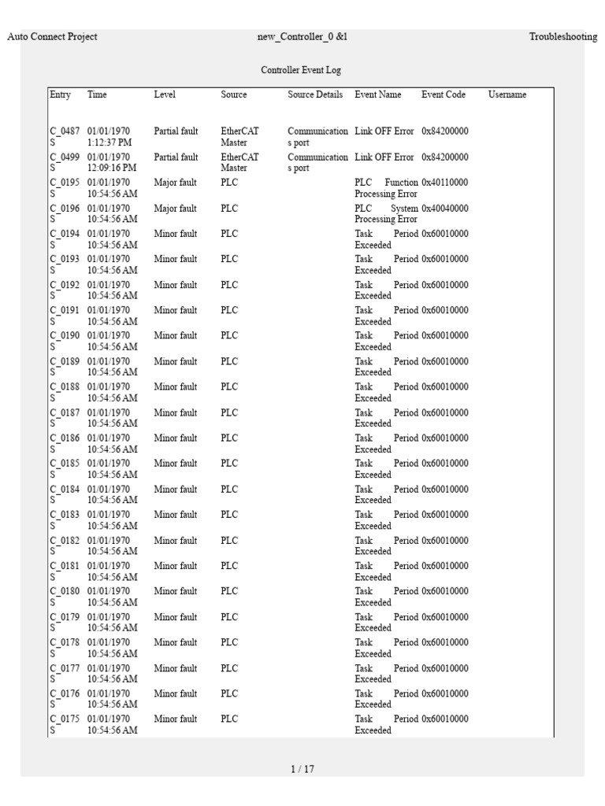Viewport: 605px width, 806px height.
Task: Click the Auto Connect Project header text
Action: (x=52, y=37)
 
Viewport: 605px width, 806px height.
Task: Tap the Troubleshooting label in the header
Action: (x=562, y=37)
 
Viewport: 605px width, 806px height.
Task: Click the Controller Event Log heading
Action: (x=302, y=70)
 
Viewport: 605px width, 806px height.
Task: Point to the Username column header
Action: (x=507, y=94)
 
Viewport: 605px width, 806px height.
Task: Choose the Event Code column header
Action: (x=444, y=94)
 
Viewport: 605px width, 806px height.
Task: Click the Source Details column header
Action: (x=315, y=94)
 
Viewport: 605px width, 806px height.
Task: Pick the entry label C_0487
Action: (x=65, y=131)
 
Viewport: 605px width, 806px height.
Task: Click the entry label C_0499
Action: (x=65, y=157)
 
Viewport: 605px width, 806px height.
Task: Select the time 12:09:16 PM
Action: (x=112, y=168)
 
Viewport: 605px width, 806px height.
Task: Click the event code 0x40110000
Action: (x=444, y=183)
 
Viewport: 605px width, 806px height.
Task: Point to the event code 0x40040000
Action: (x=444, y=209)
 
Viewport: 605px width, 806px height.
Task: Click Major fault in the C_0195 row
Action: (x=176, y=183)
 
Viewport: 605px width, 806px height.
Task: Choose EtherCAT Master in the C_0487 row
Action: (x=239, y=137)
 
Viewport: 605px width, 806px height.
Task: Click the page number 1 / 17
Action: (x=302, y=769)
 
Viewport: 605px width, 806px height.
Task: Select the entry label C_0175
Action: (x=65, y=719)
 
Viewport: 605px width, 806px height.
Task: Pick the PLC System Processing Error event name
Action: (x=386, y=214)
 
